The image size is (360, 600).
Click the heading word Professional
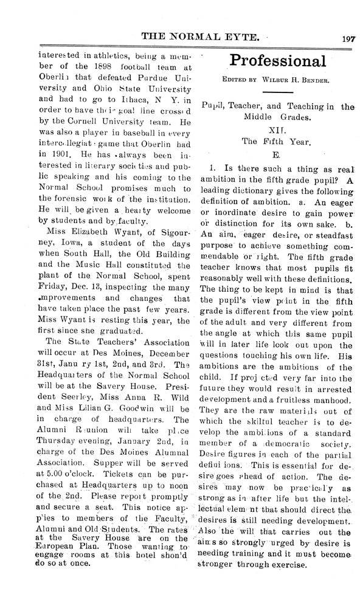coord(277,61)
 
